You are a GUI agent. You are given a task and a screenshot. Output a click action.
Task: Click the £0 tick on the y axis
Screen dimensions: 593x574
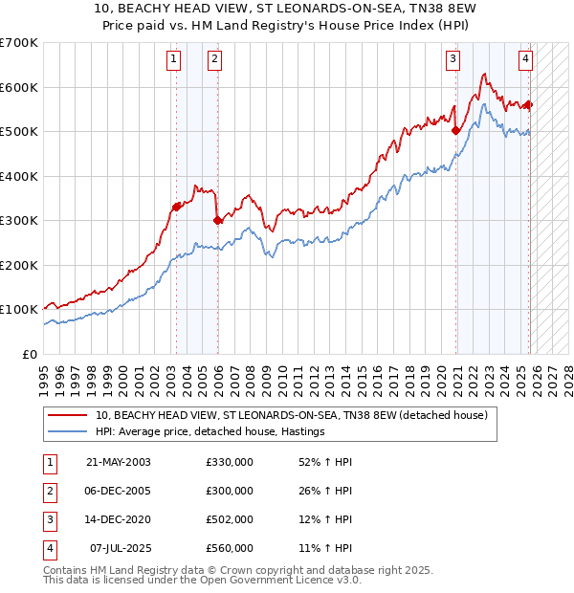pos(31,354)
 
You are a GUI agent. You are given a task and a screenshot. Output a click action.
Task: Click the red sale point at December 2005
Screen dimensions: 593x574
pos(218,220)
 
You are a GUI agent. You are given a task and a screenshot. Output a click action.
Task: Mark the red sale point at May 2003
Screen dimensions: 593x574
pos(177,207)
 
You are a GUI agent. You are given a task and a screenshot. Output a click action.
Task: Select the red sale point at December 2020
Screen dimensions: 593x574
pos(456,130)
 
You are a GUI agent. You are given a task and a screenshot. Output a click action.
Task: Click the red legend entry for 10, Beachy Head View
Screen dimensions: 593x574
pos(292,415)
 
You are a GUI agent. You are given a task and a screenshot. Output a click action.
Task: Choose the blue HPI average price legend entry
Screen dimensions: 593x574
pos(210,431)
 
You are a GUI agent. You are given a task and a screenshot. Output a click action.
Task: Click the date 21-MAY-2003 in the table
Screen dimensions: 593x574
pos(118,462)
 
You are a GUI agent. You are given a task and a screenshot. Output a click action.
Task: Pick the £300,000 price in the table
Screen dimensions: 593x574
pos(229,491)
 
